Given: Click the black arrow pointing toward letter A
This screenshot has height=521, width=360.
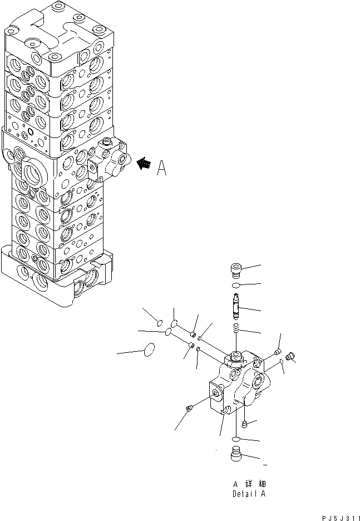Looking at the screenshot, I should click(x=144, y=164).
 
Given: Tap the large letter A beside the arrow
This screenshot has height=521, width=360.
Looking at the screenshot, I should click(x=161, y=168).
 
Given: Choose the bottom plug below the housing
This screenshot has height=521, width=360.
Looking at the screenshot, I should click(x=235, y=454).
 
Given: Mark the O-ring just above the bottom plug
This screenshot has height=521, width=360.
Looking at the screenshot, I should click(x=235, y=440).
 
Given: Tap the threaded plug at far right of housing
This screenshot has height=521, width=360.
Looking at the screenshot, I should click(x=289, y=356).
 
